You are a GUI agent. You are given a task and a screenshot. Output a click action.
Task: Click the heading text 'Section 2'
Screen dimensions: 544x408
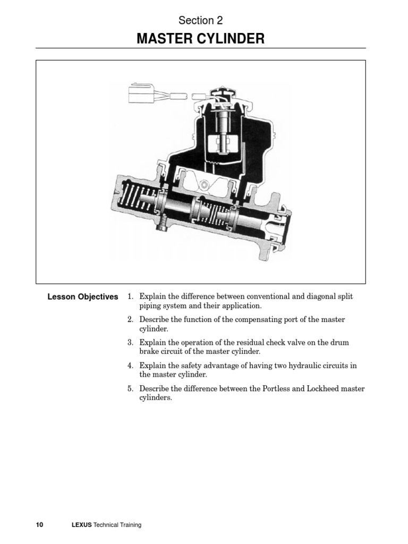coord(200,21)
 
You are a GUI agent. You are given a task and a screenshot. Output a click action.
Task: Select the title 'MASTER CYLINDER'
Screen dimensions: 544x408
coord(200,38)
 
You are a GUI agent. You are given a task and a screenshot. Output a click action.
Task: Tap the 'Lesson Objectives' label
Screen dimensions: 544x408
coord(82,297)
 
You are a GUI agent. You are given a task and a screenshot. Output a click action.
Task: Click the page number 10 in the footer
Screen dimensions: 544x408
coord(39,525)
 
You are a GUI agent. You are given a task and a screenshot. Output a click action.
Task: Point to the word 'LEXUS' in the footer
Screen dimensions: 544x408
coord(81,525)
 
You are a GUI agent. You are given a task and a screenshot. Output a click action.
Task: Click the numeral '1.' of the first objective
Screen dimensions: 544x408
coord(130,296)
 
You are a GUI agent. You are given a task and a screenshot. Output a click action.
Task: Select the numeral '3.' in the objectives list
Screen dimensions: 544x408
coord(130,343)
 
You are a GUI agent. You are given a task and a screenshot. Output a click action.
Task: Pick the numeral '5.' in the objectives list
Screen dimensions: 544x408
coord(130,389)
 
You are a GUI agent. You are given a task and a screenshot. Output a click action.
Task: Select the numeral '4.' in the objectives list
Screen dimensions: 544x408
coord(130,365)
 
